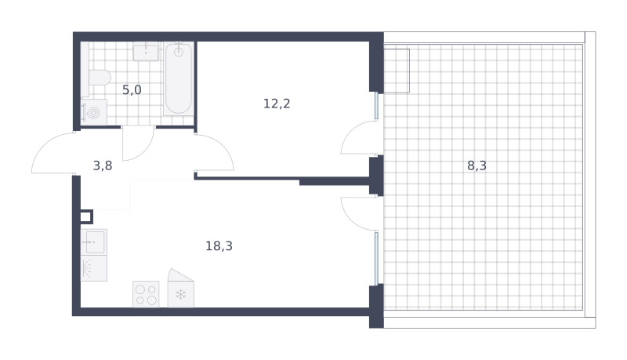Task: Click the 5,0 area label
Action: (x=132, y=90)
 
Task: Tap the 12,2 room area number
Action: (x=277, y=104)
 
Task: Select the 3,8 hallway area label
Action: (x=103, y=165)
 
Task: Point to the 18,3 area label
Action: (x=219, y=246)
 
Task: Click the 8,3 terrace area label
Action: (x=477, y=165)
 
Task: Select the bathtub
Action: (x=179, y=78)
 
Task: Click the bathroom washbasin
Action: (x=146, y=52)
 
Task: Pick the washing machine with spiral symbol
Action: (x=94, y=112)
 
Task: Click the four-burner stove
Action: (x=146, y=294)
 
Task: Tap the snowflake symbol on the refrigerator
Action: (x=181, y=295)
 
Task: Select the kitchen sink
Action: (x=94, y=242)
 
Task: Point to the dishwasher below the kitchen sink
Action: (x=94, y=268)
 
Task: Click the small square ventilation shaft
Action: (x=86, y=216)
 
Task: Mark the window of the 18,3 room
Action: (x=376, y=258)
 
